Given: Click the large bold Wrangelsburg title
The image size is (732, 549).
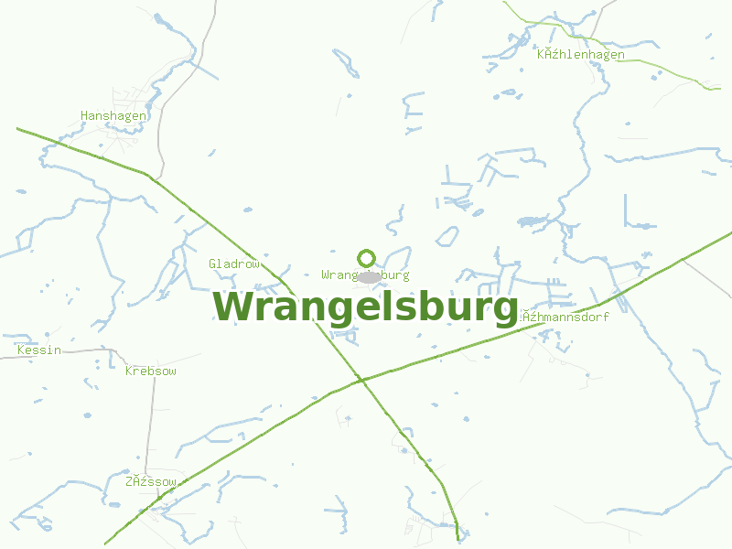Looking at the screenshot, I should [x=366, y=307].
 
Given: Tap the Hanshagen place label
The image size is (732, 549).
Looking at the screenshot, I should [x=113, y=116].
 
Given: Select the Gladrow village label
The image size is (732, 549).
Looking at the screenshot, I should [x=234, y=264].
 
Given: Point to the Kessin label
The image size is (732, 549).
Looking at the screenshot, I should [x=39, y=350].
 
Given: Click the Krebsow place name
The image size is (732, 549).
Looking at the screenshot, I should [x=151, y=371].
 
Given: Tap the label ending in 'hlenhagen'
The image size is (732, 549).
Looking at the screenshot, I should [x=581, y=55].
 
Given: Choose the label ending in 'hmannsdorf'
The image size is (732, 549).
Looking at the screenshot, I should [x=565, y=317].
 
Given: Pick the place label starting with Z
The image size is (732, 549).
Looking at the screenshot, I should [x=151, y=481].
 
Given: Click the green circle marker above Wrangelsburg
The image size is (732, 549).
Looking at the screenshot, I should [x=367, y=258].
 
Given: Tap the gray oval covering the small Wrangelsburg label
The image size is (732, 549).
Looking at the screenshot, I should [x=369, y=276].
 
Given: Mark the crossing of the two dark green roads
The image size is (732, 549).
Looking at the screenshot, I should [x=361, y=379].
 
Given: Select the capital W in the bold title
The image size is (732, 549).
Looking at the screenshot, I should [x=233, y=307].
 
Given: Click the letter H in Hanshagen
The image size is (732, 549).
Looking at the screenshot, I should [x=85, y=116].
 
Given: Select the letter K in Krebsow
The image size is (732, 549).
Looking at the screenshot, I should [x=129, y=371].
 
